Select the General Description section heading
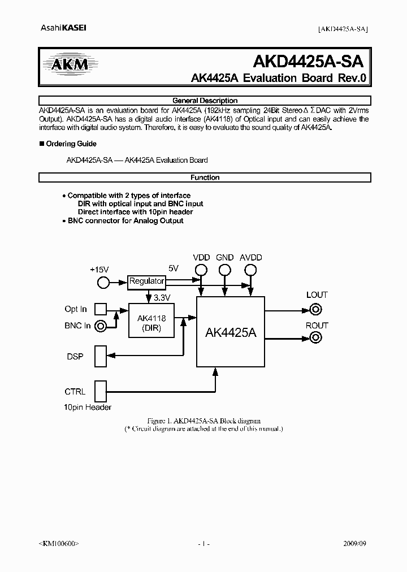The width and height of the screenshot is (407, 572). click(205, 101)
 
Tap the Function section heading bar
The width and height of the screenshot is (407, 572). click(205, 177)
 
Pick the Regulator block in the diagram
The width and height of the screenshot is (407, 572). click(146, 281)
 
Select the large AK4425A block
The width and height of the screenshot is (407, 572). click(230, 332)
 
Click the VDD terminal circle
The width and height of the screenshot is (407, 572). click(201, 270)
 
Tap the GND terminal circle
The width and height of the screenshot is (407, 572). click(225, 270)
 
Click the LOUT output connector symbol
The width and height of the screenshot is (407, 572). click(316, 309)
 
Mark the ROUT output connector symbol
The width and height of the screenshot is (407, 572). click(316, 338)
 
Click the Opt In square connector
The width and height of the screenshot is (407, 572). click(100, 309)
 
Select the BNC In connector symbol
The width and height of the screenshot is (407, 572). click(101, 326)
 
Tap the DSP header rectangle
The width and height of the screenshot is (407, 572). click(100, 357)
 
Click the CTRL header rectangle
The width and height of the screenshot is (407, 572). click(100, 391)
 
